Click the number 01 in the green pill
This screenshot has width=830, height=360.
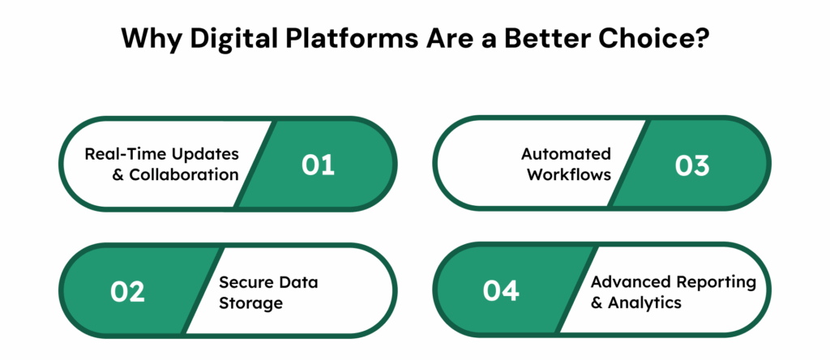(x=318, y=165)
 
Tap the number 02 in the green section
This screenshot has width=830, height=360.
(x=127, y=290)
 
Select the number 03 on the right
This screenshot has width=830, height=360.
(x=691, y=165)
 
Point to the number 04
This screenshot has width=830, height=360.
(x=501, y=290)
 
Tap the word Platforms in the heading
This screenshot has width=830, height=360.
(x=340, y=39)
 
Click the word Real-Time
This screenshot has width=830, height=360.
(x=123, y=154)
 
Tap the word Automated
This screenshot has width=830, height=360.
(x=566, y=154)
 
